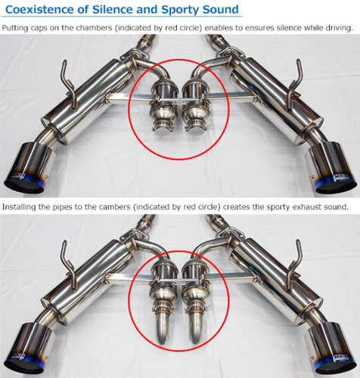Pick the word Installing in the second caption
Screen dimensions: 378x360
point(22,206)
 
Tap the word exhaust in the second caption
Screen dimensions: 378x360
point(290,206)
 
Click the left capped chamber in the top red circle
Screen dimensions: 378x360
point(162,105)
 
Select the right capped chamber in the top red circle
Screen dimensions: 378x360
point(198,105)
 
